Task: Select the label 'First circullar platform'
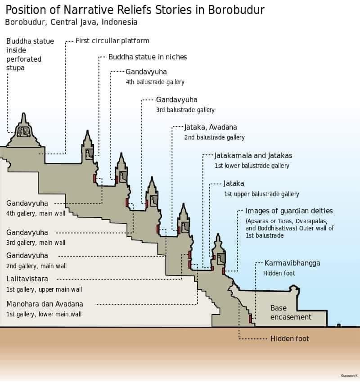[112, 41]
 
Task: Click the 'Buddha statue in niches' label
[148, 57]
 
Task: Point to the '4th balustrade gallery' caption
[155, 82]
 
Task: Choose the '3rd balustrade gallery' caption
[185, 110]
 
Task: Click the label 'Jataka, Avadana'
[211, 127]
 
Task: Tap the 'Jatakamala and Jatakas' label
[253, 156]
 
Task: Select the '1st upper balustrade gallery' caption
[261, 194]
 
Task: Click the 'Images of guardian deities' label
[289, 211]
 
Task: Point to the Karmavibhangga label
[292, 263]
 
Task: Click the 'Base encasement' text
[291, 313]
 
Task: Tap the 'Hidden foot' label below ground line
[289, 338]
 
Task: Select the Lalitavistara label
[27, 279]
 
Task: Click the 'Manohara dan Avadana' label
[45, 304]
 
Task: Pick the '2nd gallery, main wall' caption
[36, 266]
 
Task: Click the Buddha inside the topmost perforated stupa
[23, 132]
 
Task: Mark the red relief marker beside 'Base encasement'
[251, 319]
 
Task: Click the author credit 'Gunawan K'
[349, 375]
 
